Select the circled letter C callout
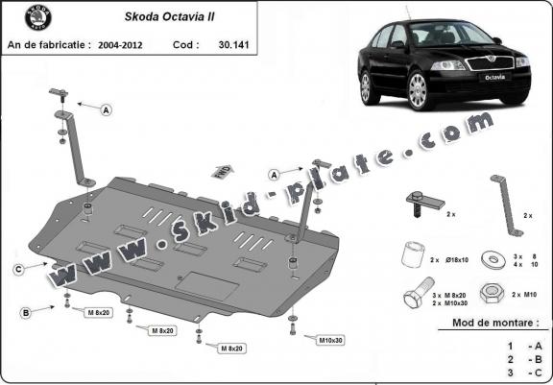[x=17, y=270]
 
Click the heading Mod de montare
[x=494, y=324]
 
